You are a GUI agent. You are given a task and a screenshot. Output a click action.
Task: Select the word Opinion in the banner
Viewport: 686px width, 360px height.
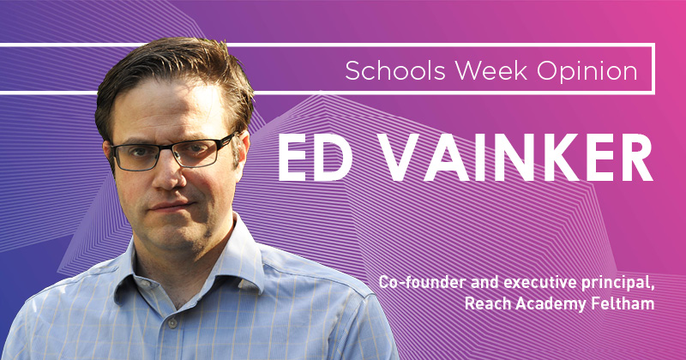point(587,72)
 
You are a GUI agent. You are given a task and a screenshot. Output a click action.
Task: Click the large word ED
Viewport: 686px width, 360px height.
point(315,158)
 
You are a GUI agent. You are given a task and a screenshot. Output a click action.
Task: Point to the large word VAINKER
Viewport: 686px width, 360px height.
point(515,158)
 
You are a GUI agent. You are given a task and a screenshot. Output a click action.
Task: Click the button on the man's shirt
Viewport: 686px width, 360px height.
point(172,324)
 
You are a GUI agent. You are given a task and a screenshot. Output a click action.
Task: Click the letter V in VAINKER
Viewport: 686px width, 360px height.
point(400,158)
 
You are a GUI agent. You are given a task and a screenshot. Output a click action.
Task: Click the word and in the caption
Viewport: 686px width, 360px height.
point(484,282)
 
